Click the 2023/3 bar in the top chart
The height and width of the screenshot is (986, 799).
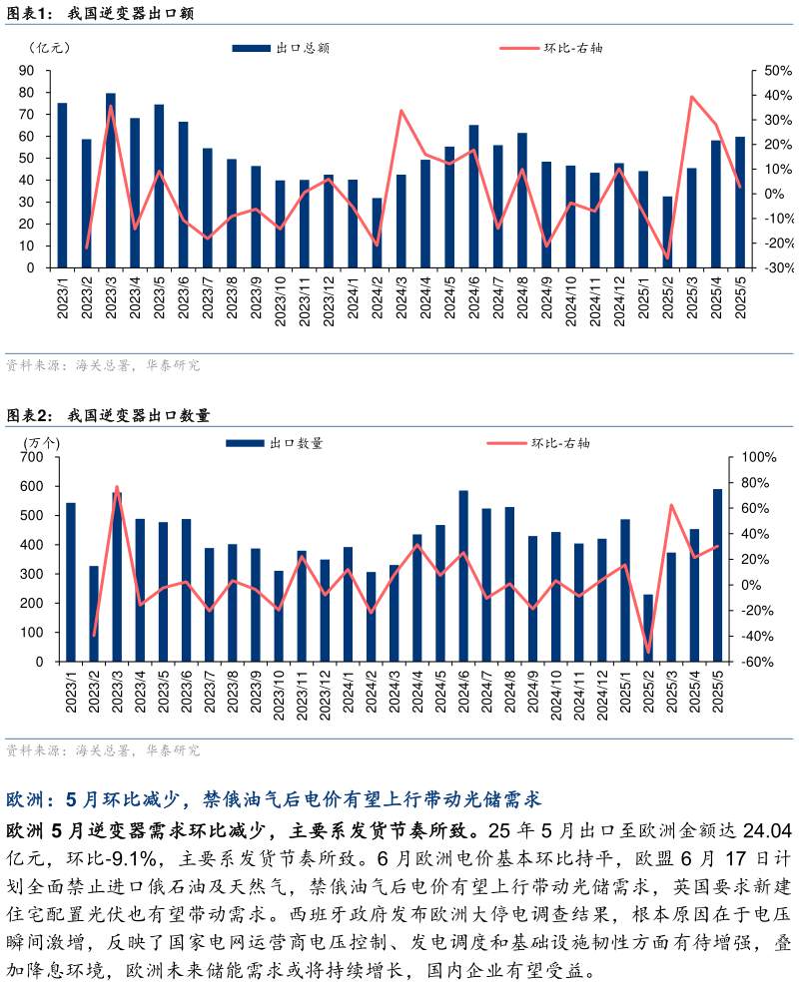110,181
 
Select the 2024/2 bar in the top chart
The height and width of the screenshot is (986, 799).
377,233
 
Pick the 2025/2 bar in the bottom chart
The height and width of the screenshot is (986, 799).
648,628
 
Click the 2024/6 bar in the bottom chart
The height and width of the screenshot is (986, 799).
463,576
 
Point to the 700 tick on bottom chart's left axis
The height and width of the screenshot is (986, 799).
32,457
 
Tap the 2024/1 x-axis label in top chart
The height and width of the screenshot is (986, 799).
353,298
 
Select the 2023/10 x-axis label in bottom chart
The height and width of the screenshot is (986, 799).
278,696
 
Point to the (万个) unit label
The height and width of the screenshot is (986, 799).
41,442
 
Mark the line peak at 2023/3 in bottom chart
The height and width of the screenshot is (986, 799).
117,487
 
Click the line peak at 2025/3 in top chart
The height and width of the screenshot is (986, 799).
692,97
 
